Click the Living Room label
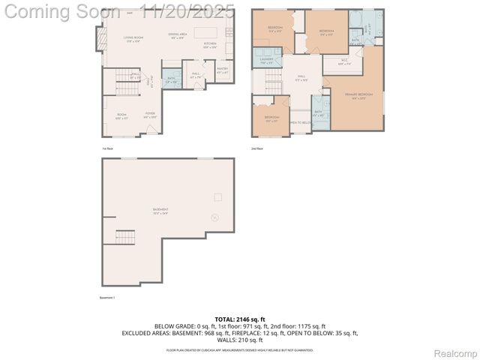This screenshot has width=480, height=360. (133, 37)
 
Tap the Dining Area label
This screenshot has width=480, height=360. (178, 36)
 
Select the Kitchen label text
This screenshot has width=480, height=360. (210, 45)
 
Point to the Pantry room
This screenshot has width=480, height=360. (222, 71)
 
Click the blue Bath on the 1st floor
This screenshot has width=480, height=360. (172, 79)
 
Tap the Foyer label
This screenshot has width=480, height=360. (150, 115)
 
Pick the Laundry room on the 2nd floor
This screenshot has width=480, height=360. (266, 61)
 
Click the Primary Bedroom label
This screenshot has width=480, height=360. (358, 95)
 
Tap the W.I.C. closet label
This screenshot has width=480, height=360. (343, 61)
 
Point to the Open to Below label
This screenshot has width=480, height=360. (300, 122)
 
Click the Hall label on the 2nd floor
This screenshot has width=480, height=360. (302, 77)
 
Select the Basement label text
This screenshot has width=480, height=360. (160, 210)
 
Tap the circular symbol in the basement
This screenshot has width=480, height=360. (214, 217)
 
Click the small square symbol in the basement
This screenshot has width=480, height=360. (217, 196)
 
